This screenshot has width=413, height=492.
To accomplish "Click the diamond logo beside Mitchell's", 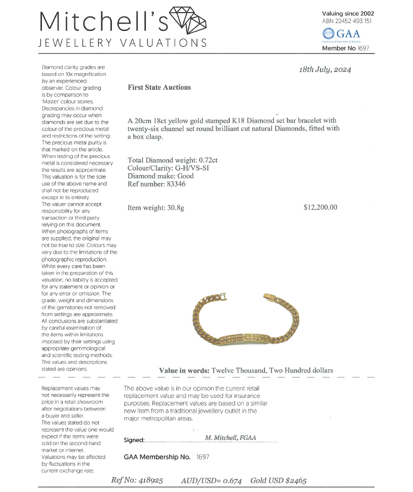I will click(x=188, y=21).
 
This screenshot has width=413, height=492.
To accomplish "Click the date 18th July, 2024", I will click(x=324, y=70).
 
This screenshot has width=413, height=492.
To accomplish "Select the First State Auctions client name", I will click(x=159, y=87).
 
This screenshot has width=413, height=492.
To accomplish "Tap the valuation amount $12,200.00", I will click(x=320, y=207).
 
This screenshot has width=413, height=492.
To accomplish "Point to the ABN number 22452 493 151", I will click(x=347, y=21).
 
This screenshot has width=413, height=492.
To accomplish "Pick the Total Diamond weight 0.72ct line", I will click(x=171, y=161).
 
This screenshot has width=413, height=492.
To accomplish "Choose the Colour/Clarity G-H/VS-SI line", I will click(x=167, y=168).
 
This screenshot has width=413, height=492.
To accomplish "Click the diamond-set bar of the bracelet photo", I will click(x=244, y=340).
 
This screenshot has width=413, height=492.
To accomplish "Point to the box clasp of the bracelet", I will click(x=270, y=298).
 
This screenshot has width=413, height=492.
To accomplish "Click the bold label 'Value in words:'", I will click(x=184, y=370).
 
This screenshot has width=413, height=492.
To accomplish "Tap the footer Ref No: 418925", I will click(x=137, y=480).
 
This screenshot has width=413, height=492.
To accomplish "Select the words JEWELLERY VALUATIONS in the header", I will click(x=122, y=43).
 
